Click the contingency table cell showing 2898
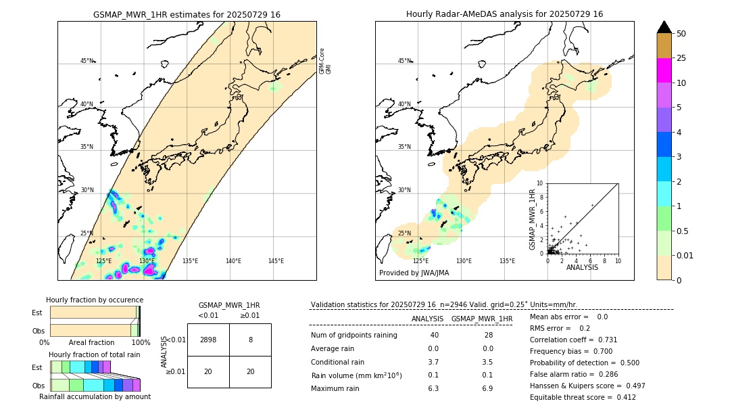point(208,340)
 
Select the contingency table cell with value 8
point(250,340)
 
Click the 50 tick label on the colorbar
point(681,34)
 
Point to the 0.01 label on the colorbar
point(684,255)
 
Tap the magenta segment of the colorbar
point(664,70)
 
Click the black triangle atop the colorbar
point(664,27)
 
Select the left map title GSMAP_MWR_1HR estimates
point(187,14)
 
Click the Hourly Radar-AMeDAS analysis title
point(504,14)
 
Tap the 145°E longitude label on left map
point(276,261)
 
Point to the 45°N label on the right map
point(404,61)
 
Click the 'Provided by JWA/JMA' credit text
point(414,273)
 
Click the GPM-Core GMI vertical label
point(325,61)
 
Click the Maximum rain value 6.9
point(487,388)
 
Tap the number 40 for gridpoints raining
point(434,336)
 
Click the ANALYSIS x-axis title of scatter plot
point(582,267)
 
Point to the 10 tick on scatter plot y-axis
point(539,183)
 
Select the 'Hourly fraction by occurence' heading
point(95,300)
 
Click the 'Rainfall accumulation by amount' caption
point(95,396)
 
